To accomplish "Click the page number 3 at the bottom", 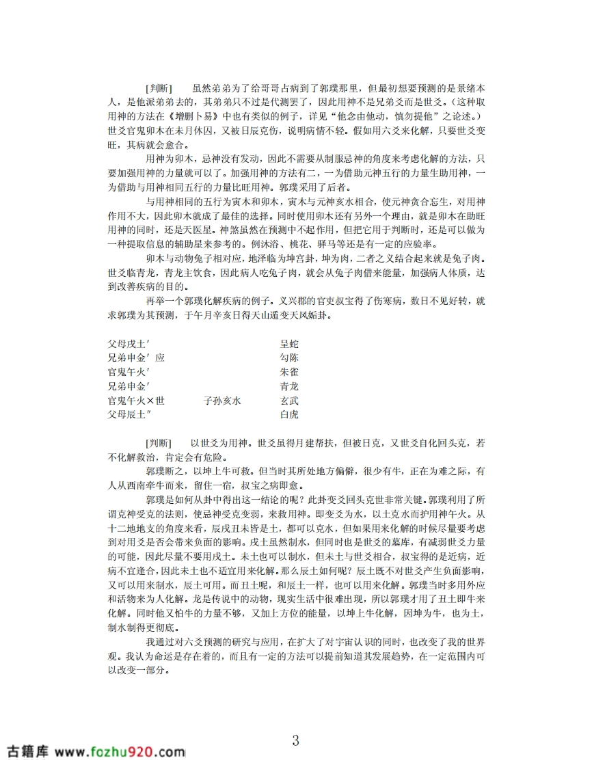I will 295,740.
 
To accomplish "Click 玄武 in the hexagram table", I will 289,401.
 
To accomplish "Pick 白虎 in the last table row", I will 289,414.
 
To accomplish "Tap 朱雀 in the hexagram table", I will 289,373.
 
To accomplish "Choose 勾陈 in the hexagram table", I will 289,358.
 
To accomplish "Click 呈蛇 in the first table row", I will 289,344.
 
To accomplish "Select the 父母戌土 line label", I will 129,344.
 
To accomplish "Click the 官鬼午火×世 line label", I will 136,401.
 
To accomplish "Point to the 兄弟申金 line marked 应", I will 136,358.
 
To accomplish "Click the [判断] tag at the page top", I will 159,89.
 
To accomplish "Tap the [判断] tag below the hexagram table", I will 159,444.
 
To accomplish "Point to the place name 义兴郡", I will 291,301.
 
